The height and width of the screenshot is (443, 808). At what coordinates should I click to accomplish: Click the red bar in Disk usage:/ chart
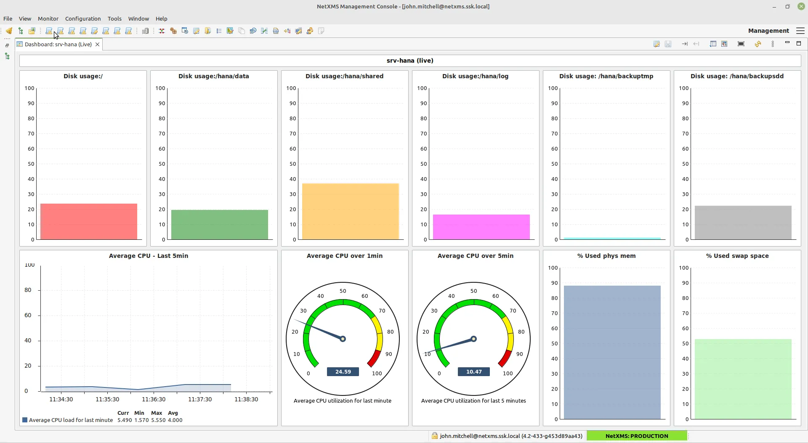[88, 222]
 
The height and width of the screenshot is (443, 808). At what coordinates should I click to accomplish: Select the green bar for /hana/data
[219, 225]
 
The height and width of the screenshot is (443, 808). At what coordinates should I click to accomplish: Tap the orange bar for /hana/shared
[350, 212]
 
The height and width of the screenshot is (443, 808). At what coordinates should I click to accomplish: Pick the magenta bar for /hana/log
[481, 227]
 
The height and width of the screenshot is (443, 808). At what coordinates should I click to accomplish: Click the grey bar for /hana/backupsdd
[743, 223]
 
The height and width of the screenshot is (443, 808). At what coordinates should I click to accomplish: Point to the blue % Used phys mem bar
[612, 352]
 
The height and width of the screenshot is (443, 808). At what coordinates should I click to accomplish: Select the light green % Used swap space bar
[743, 379]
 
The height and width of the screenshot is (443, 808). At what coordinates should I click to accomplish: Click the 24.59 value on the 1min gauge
[343, 372]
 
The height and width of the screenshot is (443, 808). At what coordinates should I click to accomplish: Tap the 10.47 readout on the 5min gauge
[474, 372]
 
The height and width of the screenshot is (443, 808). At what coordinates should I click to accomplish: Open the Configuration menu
[83, 19]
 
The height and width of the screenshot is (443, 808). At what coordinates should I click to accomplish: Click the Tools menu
[114, 19]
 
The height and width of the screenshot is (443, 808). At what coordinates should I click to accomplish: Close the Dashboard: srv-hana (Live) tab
[97, 44]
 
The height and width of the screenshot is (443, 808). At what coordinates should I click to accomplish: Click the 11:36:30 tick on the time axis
[154, 399]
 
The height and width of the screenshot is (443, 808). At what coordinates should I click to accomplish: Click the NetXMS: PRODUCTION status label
[636, 436]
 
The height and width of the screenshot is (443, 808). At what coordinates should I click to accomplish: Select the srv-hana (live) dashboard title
[410, 61]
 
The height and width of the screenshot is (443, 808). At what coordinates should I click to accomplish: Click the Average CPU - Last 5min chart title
[148, 256]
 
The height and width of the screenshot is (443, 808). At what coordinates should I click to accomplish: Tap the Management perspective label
[768, 31]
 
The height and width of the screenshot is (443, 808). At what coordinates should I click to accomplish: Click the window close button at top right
[801, 6]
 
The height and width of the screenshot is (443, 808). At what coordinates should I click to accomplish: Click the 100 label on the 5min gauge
[508, 374]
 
